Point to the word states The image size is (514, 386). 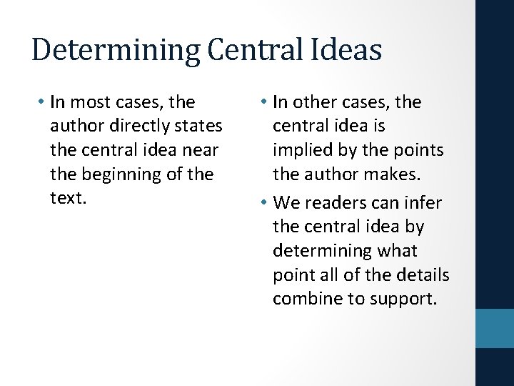198,127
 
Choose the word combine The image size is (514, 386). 306,300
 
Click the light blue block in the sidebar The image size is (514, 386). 495,328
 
